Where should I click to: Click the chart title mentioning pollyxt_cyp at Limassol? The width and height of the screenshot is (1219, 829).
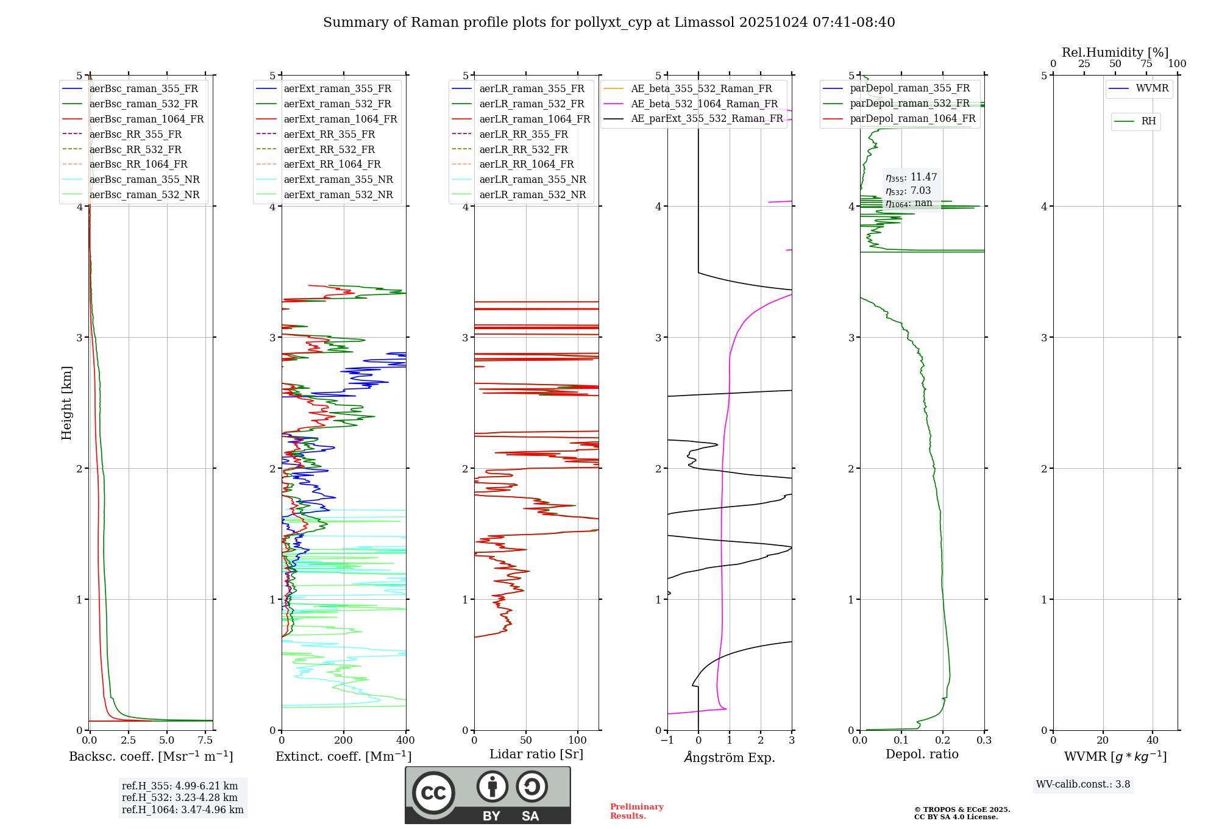click(x=609, y=23)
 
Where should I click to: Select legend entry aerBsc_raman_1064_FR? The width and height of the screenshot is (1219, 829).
click(x=146, y=119)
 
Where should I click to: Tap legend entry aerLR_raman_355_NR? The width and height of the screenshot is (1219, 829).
click(x=532, y=179)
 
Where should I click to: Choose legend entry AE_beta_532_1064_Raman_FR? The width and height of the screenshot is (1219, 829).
click(x=704, y=104)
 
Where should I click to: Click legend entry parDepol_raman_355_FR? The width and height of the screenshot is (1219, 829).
click(x=909, y=88)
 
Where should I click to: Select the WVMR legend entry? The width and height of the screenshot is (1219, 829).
click(x=1152, y=88)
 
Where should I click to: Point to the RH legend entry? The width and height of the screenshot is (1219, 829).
click(x=1148, y=121)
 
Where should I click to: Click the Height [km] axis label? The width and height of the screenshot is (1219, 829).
click(x=66, y=403)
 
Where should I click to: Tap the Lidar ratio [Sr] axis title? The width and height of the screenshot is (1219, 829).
click(x=536, y=754)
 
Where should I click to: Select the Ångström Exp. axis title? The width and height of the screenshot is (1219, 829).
click(x=730, y=757)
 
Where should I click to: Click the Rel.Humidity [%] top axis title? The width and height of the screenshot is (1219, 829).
click(x=1115, y=52)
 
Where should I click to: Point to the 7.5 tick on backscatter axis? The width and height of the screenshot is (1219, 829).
click(x=205, y=740)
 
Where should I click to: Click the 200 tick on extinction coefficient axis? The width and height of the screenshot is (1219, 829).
click(x=344, y=740)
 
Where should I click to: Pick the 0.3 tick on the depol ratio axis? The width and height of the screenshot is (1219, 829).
click(x=984, y=740)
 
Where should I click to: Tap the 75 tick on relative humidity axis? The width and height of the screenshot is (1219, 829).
click(x=1146, y=64)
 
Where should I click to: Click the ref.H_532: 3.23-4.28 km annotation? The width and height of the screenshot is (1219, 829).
click(x=179, y=797)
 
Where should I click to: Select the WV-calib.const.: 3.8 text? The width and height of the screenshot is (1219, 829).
click(x=1083, y=785)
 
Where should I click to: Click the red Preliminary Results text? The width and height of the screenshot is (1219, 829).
click(x=636, y=811)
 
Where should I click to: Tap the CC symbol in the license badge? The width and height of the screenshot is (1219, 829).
click(x=433, y=792)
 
